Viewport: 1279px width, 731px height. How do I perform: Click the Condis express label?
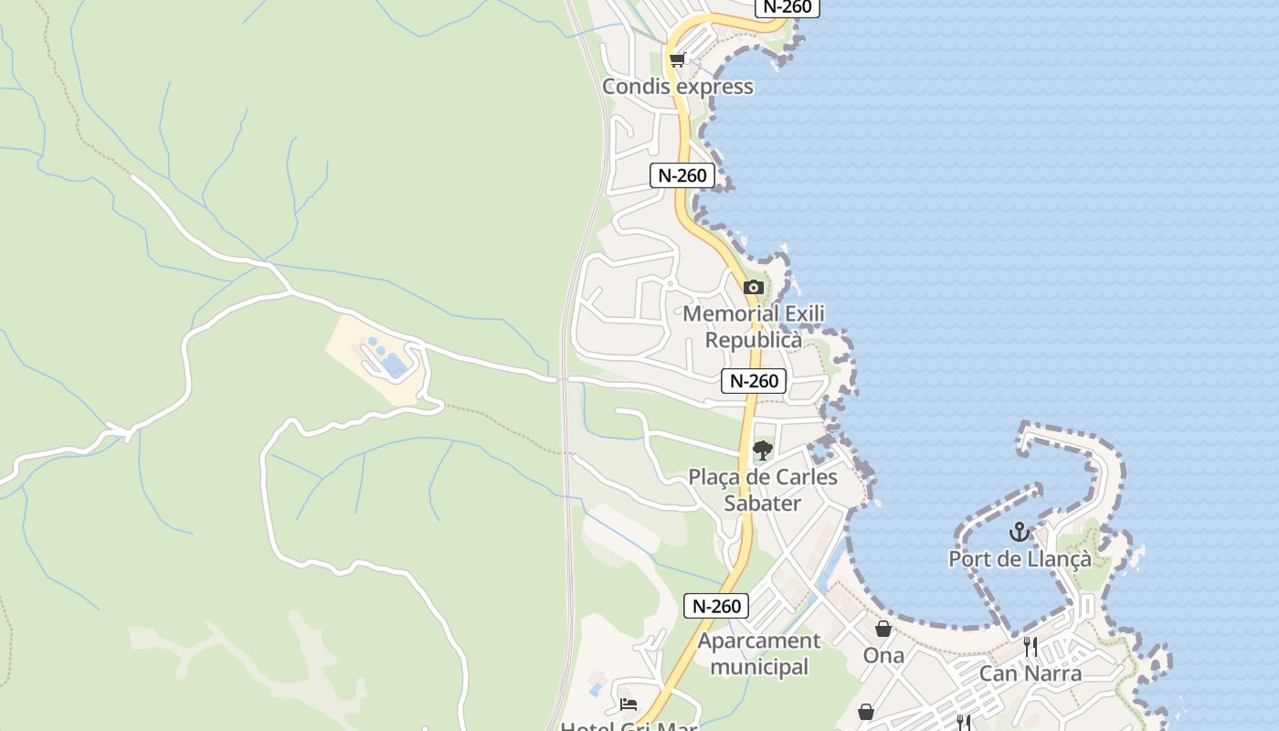677,87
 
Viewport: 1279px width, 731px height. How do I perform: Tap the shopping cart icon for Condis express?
677,60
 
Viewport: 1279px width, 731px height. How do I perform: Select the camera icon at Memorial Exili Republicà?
754,287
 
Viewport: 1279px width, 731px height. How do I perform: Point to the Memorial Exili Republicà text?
754,326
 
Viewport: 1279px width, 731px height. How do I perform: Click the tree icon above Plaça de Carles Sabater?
762,450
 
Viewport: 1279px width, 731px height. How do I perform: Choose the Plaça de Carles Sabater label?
762,490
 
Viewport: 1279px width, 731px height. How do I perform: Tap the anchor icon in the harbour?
1019,532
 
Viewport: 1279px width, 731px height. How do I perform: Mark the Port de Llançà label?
1020,558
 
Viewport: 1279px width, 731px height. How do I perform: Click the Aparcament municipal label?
759,653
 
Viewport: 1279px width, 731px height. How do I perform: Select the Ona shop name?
883,655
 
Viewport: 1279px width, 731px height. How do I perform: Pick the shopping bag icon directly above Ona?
883,629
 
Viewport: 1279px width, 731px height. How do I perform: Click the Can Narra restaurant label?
1030,673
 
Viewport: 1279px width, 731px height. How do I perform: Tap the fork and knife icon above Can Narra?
1031,647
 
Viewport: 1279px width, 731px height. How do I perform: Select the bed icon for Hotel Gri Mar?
628,705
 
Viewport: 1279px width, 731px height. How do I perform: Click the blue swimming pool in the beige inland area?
394,366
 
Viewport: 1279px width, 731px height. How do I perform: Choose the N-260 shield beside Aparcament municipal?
715,605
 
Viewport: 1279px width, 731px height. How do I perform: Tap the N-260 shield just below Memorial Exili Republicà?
753,381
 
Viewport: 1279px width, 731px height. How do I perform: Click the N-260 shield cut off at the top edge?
787,6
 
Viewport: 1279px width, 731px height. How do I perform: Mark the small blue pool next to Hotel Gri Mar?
597,687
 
